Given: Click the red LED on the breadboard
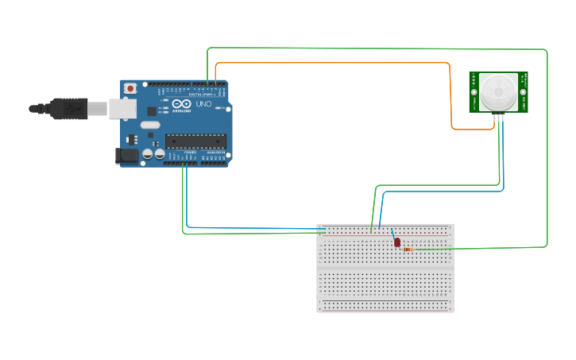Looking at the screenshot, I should pyautogui.click(x=397, y=242).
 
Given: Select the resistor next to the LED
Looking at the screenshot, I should pyautogui.click(x=408, y=250).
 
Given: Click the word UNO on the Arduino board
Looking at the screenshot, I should pyautogui.click(x=203, y=104).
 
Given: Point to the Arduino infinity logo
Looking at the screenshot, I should pyautogui.click(x=180, y=104).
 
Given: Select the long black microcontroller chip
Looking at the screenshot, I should pyautogui.click(x=195, y=141).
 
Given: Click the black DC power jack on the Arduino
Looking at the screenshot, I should pyautogui.click(x=126, y=157).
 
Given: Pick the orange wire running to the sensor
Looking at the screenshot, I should pyautogui.click(x=334, y=63).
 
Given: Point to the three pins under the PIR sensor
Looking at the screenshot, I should pyautogui.click(x=499, y=117).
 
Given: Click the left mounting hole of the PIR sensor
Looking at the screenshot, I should pyautogui.click(x=474, y=77).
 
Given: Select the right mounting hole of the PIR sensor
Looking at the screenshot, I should pyautogui.click(x=524, y=77).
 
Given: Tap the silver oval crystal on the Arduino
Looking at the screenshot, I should pyautogui.click(x=150, y=125).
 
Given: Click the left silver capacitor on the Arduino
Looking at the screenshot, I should pyautogui.click(x=148, y=154).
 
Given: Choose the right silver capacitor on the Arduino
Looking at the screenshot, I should pyautogui.click(x=160, y=154).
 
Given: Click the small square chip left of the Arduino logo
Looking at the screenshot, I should pyautogui.click(x=152, y=111).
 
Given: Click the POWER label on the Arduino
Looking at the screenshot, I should pyautogui.click(x=190, y=152).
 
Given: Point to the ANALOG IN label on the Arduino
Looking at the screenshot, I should pyautogui.click(x=216, y=152).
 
